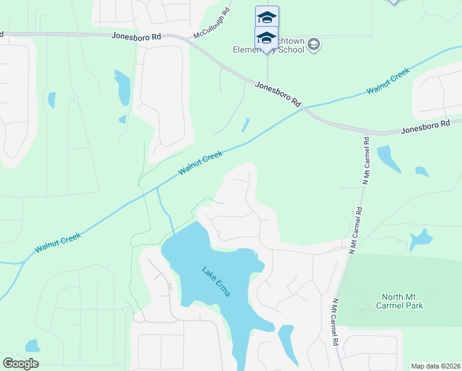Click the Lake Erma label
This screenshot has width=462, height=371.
coord(216,281)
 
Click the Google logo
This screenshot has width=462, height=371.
coord(20,364)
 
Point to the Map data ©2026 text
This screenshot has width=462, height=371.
coord(435,366)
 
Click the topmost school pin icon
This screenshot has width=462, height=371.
coord(267,17)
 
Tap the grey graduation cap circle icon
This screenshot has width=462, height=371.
coord(314,43)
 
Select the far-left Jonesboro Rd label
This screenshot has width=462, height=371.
coord(136,36)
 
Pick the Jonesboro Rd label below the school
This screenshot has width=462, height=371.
coord(278,95)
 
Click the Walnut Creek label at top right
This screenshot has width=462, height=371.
coord(388,82)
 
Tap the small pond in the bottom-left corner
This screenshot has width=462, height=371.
coord(32,346)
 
